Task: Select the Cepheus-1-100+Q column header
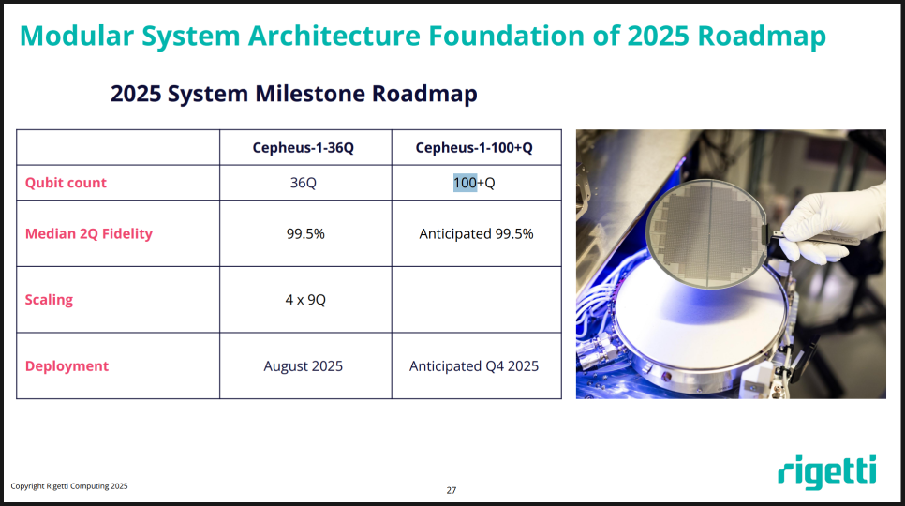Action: click(474, 148)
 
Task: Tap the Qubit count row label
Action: click(66, 183)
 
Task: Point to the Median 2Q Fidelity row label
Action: click(88, 233)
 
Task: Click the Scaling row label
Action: click(49, 300)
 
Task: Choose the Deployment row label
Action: click(67, 366)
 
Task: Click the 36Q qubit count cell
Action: click(304, 183)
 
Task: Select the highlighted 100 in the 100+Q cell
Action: click(465, 183)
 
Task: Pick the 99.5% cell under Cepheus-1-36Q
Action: click(305, 233)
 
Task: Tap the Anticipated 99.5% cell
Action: click(476, 233)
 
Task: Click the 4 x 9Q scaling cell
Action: click(305, 300)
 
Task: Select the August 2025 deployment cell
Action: click(304, 366)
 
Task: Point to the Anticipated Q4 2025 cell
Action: click(474, 366)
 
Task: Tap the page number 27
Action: click(452, 490)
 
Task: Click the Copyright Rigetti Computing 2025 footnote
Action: click(69, 486)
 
